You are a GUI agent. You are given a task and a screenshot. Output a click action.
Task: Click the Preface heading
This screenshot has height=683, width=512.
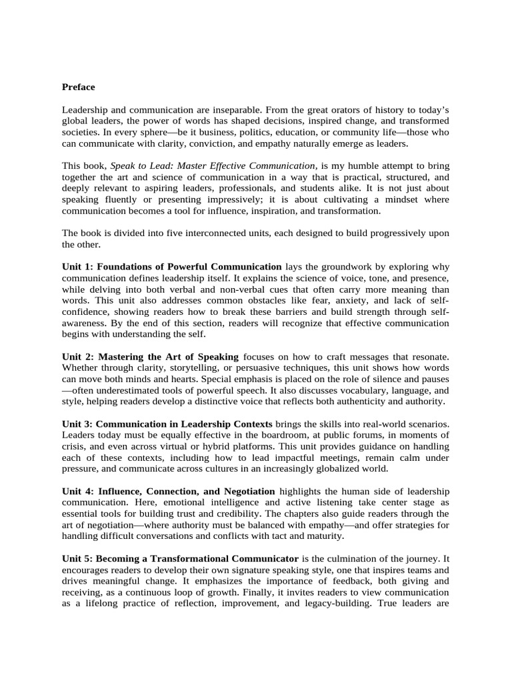[78, 87]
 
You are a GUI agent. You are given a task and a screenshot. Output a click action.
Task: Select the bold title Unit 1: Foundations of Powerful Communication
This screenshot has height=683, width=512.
[171, 266]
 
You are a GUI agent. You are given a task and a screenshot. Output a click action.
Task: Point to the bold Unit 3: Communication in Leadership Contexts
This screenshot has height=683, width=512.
[167, 424]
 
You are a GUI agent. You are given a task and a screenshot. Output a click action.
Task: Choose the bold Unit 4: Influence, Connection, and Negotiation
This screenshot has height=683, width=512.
[168, 491]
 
